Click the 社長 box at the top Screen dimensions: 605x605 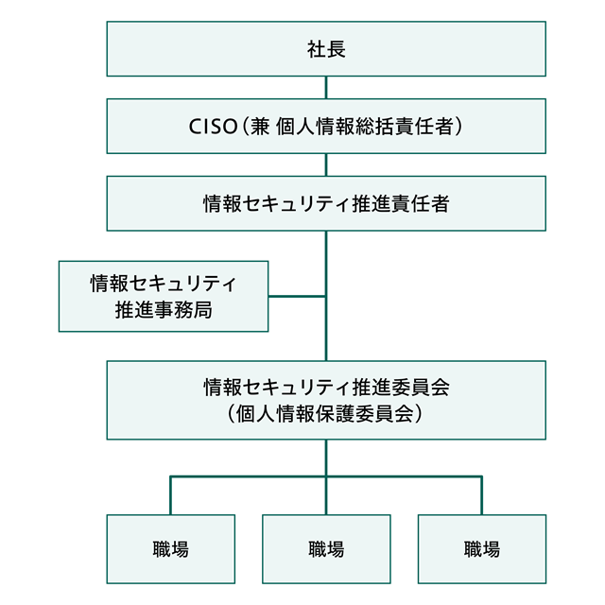click(326, 49)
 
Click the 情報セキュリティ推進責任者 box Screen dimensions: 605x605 click(326, 203)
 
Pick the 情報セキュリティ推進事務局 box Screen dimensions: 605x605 click(164, 296)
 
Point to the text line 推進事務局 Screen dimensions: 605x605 click(164, 310)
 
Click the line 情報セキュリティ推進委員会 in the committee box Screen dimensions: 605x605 click(326, 387)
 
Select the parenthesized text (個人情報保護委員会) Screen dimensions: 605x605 click(326, 413)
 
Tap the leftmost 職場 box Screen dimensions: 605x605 click(170, 549)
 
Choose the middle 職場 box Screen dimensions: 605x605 click(326, 549)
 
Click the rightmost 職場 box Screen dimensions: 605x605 click(482, 549)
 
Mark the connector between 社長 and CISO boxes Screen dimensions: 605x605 click(326, 88)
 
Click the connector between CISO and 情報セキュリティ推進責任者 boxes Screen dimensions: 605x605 click(326, 164)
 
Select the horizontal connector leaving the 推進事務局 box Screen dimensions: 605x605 click(297, 297)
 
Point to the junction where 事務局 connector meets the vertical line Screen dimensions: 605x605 click(326, 297)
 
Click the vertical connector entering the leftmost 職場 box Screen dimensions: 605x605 click(171, 496)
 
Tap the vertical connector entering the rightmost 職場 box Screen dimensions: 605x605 click(482, 496)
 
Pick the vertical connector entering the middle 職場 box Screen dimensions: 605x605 click(326, 496)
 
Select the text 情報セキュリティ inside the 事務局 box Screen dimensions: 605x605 click(164, 283)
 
